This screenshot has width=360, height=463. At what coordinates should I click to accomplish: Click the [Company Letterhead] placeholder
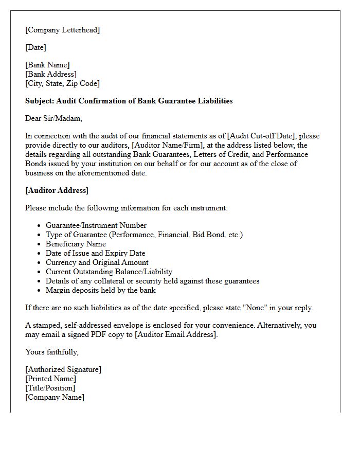[x=62, y=30]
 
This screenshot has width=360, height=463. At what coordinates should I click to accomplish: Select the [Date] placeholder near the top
[x=35, y=47]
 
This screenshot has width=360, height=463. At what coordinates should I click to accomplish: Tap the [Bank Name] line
[x=47, y=65]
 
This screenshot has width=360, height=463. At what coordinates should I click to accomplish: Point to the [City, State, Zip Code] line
[x=62, y=83]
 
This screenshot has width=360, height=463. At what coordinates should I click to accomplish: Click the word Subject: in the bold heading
[x=40, y=101]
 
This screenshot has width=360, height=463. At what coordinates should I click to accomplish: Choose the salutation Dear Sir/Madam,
[x=53, y=118]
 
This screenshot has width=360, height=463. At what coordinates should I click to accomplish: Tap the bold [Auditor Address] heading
[x=57, y=190]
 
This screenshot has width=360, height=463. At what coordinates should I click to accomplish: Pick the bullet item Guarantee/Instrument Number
[x=96, y=225]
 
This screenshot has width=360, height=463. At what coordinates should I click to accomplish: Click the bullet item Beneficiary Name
[x=76, y=244]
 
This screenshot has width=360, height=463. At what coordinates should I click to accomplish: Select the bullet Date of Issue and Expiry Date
[x=95, y=253]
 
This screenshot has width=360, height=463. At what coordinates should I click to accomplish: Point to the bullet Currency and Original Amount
[x=97, y=262]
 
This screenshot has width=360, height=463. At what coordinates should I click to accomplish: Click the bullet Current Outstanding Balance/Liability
[x=109, y=272]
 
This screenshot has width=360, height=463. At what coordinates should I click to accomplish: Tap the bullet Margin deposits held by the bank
[x=100, y=290]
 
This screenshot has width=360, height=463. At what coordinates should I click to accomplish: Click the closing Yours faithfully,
[x=52, y=352]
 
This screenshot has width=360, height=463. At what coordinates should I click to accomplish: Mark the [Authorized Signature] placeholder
[x=63, y=369]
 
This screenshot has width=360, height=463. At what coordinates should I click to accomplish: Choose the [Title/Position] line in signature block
[x=50, y=388]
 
